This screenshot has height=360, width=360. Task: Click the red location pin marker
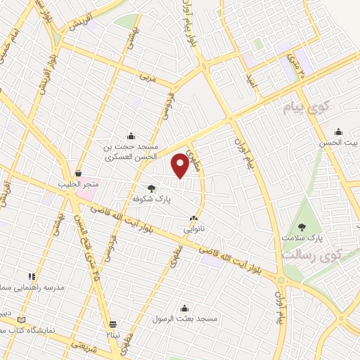[180, 165]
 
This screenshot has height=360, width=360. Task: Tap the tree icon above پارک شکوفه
[151, 188]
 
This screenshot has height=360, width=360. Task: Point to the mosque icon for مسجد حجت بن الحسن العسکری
[131, 136]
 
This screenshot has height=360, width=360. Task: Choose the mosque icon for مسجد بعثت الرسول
[185, 307]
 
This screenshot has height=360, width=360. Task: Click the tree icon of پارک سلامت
[302, 226]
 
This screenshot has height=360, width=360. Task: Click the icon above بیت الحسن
[338, 131]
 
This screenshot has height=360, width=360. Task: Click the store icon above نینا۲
[112, 324]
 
